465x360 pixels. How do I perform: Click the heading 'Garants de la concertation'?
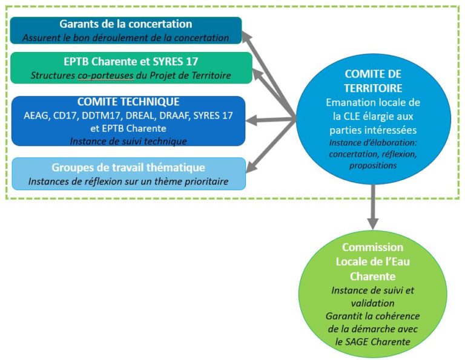click(x=125, y=25)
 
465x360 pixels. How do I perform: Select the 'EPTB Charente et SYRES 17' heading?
click(x=131, y=62)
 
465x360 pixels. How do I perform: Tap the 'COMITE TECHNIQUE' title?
click(x=128, y=102)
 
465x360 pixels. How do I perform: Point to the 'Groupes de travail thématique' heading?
click(x=128, y=168)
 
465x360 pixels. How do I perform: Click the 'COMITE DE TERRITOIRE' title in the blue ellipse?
click(x=373, y=80)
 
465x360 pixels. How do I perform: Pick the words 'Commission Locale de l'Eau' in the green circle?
click(x=372, y=254)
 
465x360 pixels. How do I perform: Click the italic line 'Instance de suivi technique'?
click(x=128, y=141)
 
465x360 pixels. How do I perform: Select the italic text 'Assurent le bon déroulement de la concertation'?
click(x=126, y=38)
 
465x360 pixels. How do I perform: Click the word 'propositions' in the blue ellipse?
click(x=373, y=165)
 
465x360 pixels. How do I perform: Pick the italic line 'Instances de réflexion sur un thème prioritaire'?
click(x=128, y=181)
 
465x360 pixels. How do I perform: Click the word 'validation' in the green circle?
click(x=372, y=303)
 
